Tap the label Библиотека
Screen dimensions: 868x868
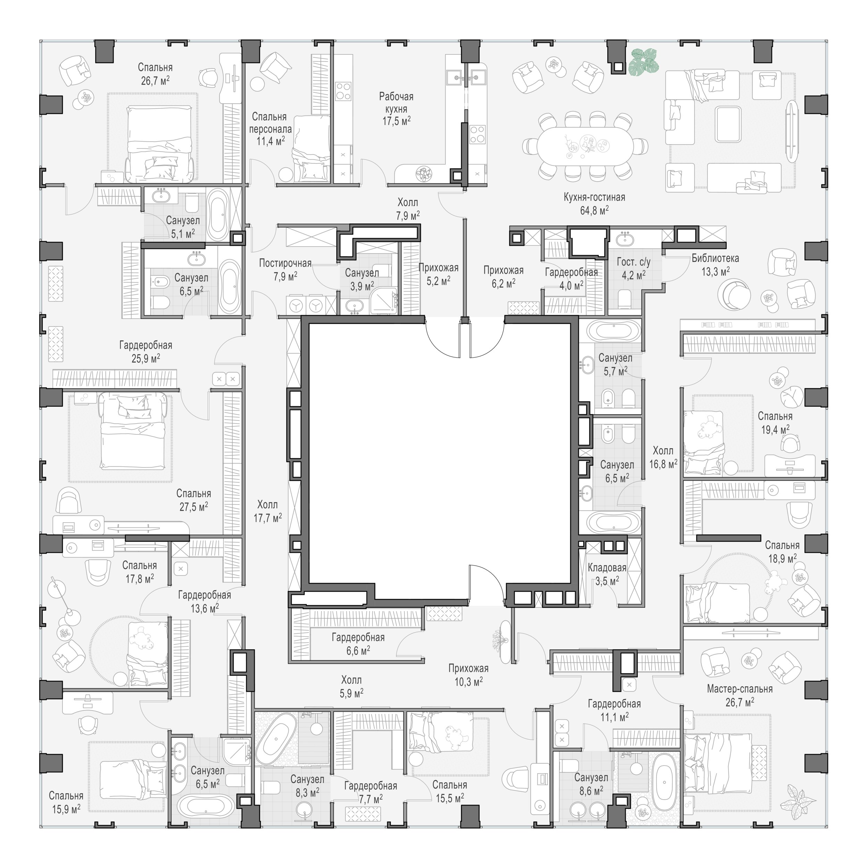click(715, 258)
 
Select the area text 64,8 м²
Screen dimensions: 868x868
click(594, 210)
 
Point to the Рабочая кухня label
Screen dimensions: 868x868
click(396, 102)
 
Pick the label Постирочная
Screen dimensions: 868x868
click(285, 263)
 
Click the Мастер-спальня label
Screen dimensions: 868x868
click(740, 689)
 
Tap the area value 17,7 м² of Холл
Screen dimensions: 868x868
click(268, 518)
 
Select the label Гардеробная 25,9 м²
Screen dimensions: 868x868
click(145, 352)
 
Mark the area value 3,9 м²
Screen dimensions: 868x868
click(362, 286)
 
